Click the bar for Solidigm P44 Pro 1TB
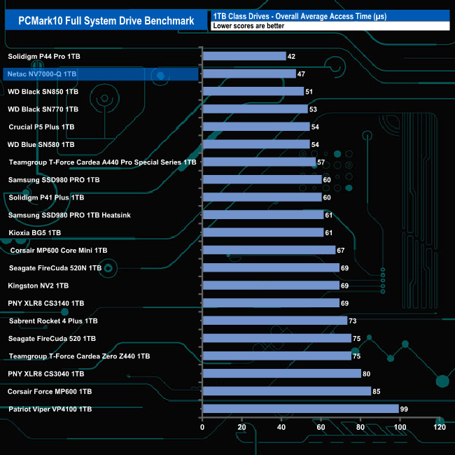coord(244,56)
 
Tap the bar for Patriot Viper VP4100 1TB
coord(300,409)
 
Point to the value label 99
coord(404,409)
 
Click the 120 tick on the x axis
coord(439,427)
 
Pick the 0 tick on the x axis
coord(202,427)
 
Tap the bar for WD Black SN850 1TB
coord(253,91)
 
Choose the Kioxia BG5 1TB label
coord(34,232)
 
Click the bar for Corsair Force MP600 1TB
coord(286,391)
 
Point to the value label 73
coord(353,321)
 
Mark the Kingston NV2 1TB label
coord(38,286)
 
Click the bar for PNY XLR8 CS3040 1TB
coord(281,374)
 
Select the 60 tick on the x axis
coord(321,427)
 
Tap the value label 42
coord(291,56)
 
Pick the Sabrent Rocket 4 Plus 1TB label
coord(53,321)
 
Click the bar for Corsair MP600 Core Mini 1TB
coord(269,250)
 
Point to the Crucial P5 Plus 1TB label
coord(41,127)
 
